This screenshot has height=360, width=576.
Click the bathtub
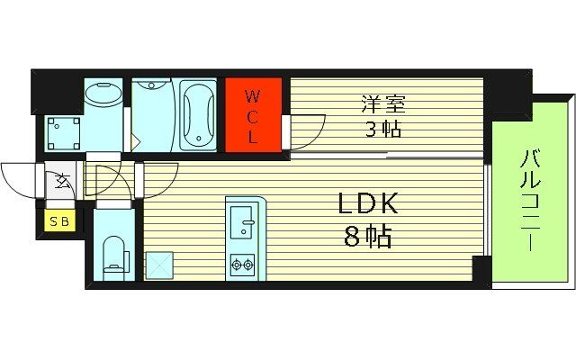coord(198,114)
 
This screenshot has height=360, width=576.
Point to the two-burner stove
coord(242,264)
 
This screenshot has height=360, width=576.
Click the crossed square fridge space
coord(160,265)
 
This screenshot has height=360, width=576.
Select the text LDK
coord(367,205)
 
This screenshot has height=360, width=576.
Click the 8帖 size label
coord(367,238)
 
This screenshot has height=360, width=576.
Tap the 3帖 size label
coord(382,128)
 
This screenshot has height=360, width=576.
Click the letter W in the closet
coord(253,94)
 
